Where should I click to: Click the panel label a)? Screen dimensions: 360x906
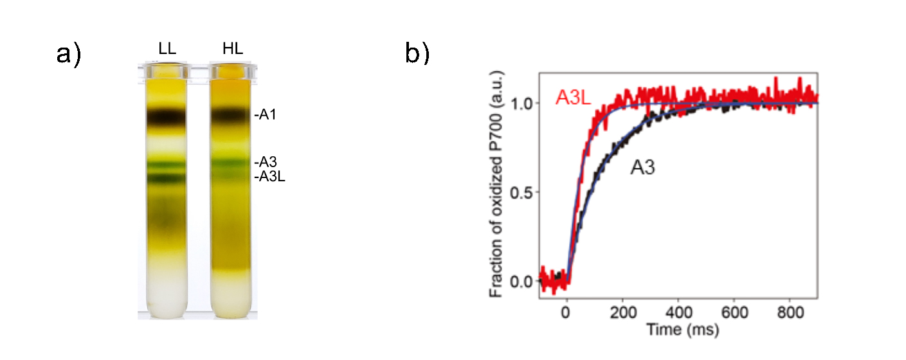[69, 55]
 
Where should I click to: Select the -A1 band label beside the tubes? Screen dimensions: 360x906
[265, 116]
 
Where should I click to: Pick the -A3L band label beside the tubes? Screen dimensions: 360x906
[269, 176]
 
